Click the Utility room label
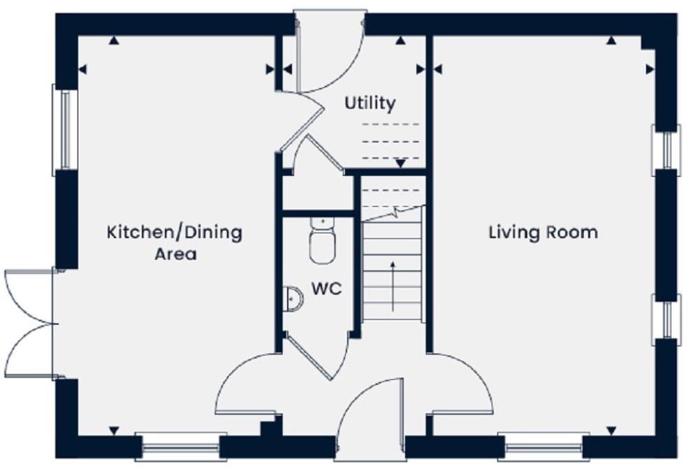[x=369, y=103]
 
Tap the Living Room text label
[x=542, y=233]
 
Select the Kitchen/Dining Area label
[x=175, y=242]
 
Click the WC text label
[x=326, y=288]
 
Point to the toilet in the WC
[x=322, y=242]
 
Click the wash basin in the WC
[x=294, y=300]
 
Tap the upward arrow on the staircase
[x=393, y=287]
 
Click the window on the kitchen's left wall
[x=63, y=129]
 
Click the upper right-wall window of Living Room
[x=666, y=149]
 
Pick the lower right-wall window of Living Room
[x=666, y=319]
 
